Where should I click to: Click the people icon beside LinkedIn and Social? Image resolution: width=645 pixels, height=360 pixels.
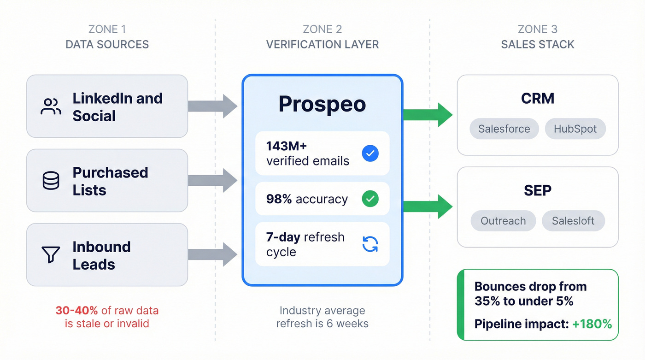point(51,106)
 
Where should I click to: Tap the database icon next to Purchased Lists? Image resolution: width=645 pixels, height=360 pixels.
point(51,181)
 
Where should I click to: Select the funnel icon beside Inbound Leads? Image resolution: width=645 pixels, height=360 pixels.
point(51,255)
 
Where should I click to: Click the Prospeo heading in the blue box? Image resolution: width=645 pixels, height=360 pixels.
point(322,104)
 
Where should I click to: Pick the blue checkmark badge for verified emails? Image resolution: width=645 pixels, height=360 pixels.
point(370,153)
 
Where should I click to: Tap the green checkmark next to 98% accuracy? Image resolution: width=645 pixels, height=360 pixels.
point(370,199)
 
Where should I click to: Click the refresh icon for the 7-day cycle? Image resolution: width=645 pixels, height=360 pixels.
point(370,244)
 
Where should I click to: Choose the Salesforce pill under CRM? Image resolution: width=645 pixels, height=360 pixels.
point(504,129)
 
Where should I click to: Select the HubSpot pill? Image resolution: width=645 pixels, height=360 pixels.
point(575,129)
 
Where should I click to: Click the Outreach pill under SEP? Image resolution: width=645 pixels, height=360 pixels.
point(503,221)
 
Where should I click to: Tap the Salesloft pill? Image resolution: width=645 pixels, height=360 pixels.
point(573,221)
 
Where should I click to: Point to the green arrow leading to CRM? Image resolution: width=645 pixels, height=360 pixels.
point(428,115)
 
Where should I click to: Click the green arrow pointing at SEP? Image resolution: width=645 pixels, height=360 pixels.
point(428,207)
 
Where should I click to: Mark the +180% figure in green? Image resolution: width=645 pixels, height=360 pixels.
point(592,324)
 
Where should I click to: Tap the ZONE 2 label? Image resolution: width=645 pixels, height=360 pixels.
point(322,30)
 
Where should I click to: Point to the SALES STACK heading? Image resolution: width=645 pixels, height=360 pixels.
point(538,45)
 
